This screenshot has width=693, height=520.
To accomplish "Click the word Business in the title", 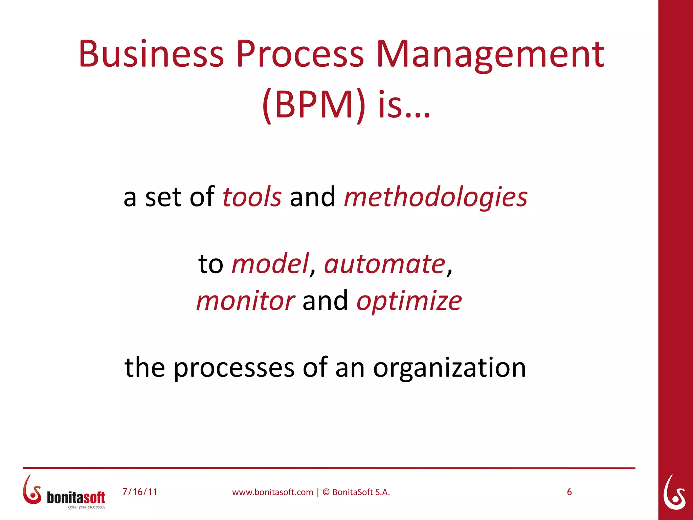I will pos(151,54).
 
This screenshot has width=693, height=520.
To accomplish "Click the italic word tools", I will pos(252,197).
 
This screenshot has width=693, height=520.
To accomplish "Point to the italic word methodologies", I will pos(435,198).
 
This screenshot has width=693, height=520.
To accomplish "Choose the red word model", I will pos(270,264).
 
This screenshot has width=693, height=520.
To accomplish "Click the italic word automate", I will pos(384,264).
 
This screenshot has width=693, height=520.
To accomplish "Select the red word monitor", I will pos(245,301).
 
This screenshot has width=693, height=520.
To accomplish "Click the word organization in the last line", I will pos(449,368).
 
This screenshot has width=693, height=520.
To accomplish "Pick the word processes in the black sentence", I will pos(234,368).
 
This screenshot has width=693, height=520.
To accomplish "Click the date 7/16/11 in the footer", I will pos(140,492).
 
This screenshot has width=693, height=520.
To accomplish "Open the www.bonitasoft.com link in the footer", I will pos(272,492).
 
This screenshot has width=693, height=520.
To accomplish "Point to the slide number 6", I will pos(569,492).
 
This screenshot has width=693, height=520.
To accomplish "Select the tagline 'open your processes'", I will pos(87,507).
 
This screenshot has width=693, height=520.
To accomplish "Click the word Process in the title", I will pos(300,54).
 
